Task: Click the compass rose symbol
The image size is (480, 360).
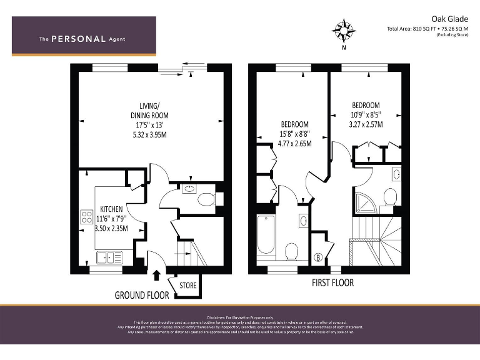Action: (344, 29)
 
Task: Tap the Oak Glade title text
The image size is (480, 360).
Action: (449, 19)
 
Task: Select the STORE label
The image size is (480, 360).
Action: (187, 286)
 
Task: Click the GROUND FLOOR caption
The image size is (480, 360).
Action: (141, 295)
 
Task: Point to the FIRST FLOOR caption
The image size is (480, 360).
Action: (332, 283)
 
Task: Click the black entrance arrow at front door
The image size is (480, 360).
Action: (156, 273)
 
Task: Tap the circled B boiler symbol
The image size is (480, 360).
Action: (317, 257)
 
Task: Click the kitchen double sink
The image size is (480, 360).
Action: (109, 256)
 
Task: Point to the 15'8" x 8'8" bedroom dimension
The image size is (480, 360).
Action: (294, 133)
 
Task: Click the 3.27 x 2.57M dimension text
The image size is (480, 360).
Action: (366, 124)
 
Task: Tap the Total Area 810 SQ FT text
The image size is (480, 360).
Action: (427, 29)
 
